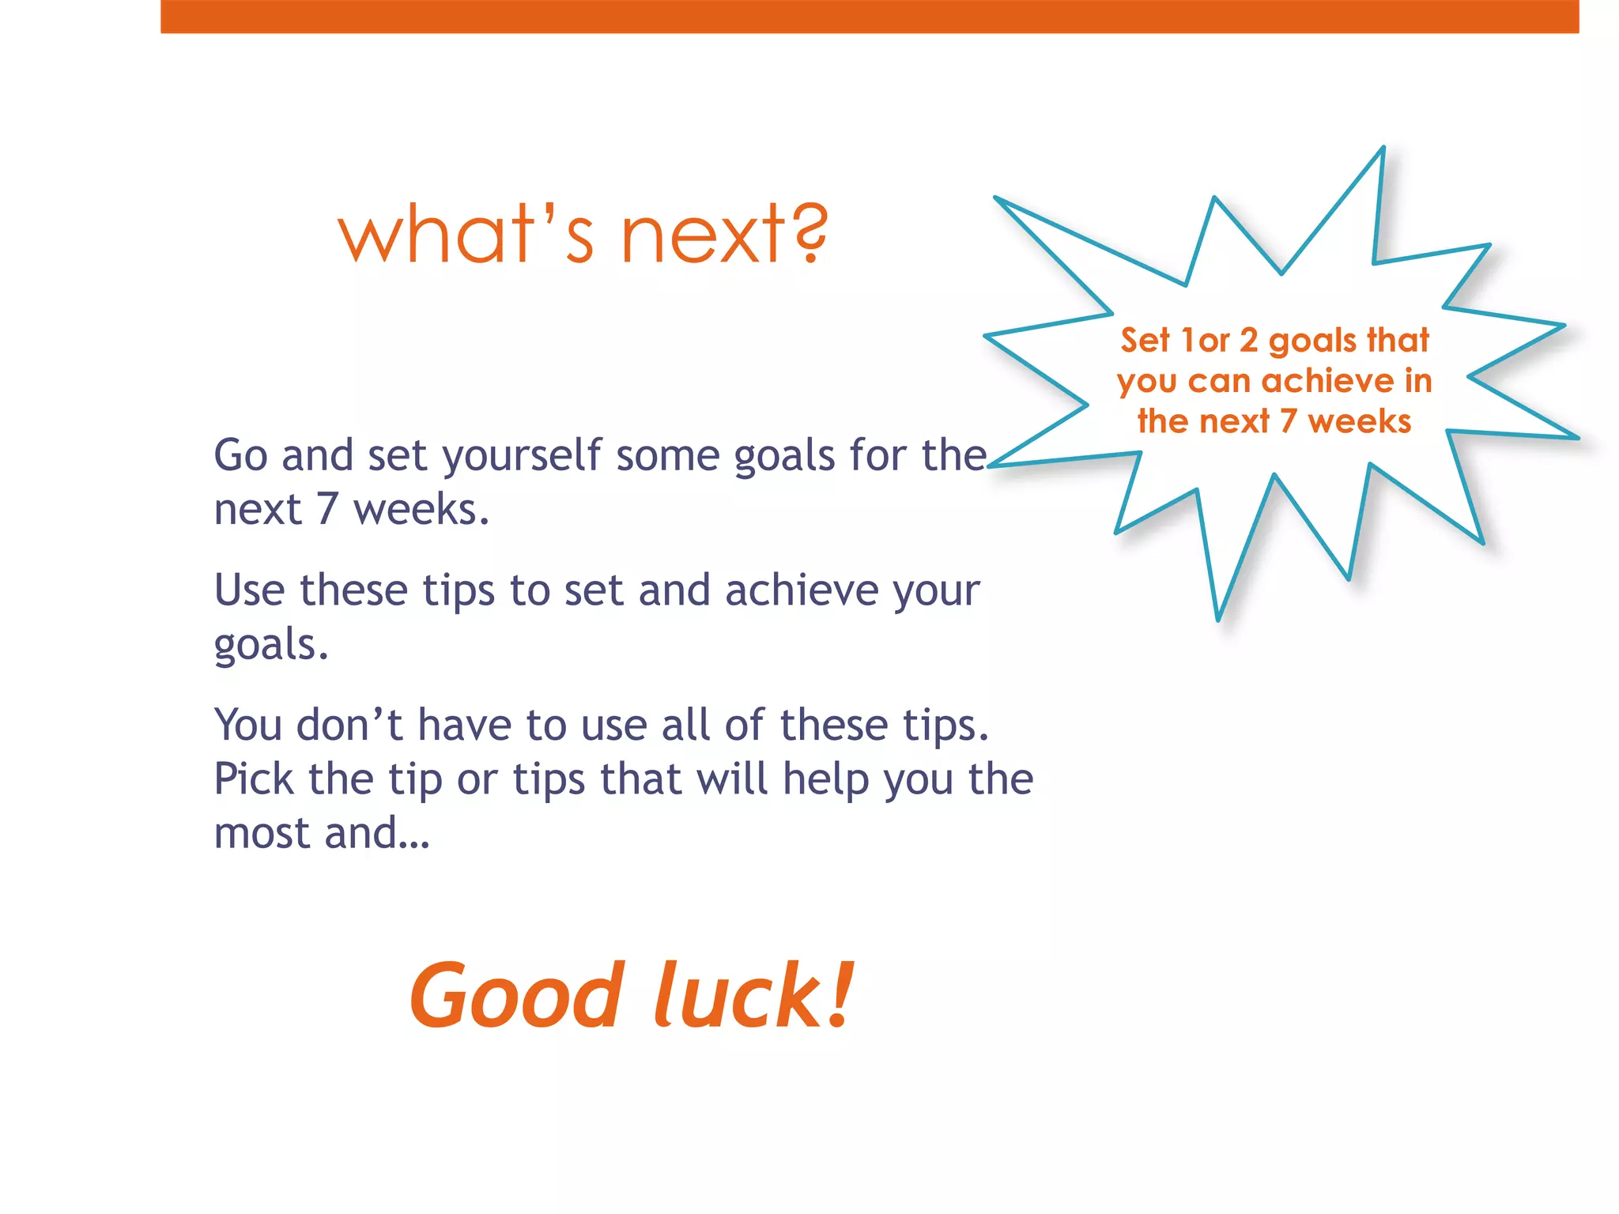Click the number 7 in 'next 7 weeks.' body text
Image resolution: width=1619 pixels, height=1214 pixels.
(327, 510)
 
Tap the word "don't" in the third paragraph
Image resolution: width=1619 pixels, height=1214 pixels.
(349, 725)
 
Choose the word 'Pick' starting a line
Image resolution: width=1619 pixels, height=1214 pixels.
(254, 779)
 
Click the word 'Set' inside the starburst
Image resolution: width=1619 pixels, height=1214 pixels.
(1144, 341)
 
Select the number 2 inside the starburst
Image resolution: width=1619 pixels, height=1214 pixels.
(1248, 341)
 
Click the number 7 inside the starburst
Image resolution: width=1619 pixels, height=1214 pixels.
(1289, 421)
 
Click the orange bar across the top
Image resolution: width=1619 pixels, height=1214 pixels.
(870, 16)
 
